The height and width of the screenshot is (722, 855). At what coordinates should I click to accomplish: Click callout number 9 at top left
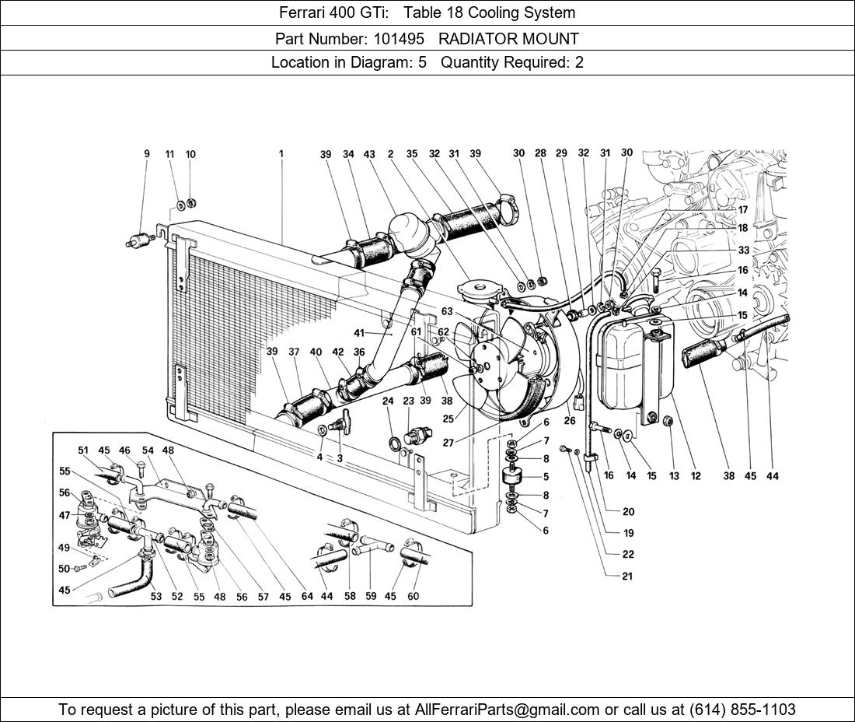coord(147,154)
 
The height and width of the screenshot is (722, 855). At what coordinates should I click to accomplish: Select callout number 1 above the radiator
coord(281,154)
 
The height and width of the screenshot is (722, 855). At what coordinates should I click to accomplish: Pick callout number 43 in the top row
coord(369,154)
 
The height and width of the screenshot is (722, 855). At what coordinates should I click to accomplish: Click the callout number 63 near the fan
coord(447,312)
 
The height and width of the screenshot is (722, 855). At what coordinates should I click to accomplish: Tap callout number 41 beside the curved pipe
coord(358,333)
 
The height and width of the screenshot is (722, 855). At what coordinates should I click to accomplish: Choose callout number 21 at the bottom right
coord(627,577)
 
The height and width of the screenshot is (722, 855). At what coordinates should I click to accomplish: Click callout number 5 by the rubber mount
coord(546,477)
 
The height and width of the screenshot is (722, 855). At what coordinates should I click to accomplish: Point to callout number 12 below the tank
coord(695,475)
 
